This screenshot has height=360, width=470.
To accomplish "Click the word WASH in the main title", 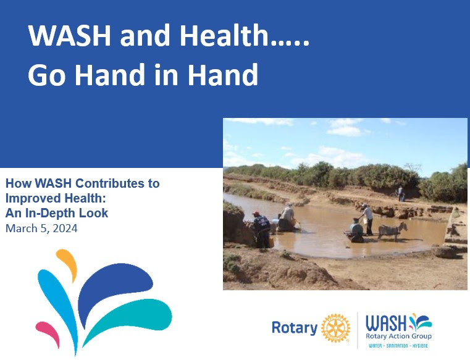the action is click(x=70, y=35).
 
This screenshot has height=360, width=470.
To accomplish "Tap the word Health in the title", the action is click(x=224, y=35).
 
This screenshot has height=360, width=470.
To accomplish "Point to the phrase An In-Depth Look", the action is click(x=57, y=213).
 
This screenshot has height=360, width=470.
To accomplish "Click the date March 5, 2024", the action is click(x=41, y=228).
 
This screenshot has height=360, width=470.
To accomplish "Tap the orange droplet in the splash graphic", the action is click(x=67, y=264).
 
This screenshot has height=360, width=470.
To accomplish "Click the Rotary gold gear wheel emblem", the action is click(x=335, y=328).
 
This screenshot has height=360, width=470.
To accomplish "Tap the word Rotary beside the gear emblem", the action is click(x=295, y=327).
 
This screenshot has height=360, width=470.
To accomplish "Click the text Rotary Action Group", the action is click(x=398, y=336).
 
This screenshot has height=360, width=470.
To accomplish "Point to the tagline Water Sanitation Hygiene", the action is click(x=398, y=346).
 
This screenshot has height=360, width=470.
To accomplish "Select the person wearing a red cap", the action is click(x=261, y=229).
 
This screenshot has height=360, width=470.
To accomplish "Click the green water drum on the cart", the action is click(x=356, y=227).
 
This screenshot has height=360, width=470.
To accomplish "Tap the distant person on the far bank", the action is click(x=401, y=194).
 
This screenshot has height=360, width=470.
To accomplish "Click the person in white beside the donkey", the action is click(x=367, y=219).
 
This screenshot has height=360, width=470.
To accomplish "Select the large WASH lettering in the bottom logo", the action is click(x=386, y=323).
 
